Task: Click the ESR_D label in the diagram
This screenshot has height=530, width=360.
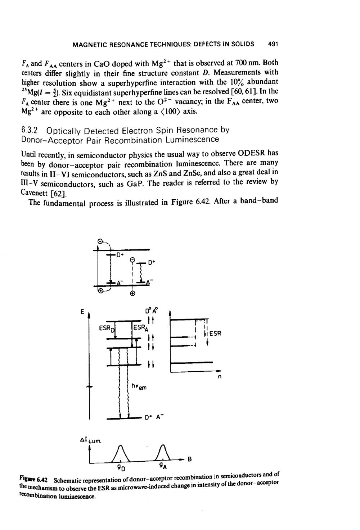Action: (x=107, y=329)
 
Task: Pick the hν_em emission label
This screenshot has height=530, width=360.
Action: (x=139, y=387)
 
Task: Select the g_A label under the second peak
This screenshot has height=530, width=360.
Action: (x=163, y=467)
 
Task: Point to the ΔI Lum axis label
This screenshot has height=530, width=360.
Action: (x=91, y=440)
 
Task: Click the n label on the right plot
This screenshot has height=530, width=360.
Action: (x=219, y=377)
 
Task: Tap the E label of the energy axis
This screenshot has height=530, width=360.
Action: (x=82, y=312)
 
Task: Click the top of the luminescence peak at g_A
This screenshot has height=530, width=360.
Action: (x=163, y=445)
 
